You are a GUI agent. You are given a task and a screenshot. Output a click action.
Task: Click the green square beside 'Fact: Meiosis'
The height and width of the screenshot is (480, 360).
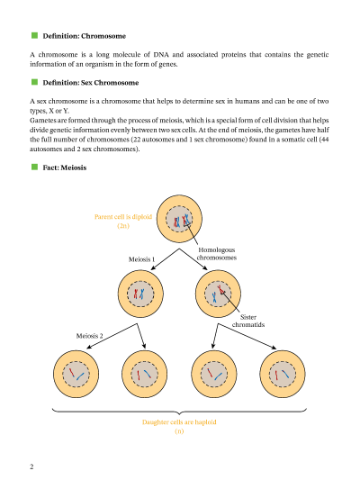tap(34, 168)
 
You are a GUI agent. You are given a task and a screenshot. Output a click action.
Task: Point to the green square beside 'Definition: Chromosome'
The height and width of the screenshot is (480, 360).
tap(34, 36)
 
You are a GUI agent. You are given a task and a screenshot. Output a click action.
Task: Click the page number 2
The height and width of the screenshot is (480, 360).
tap(31, 466)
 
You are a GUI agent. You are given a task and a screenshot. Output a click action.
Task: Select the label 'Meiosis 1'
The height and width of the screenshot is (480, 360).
tap(142, 259)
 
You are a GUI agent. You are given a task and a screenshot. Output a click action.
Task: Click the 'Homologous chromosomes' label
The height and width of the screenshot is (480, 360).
tap(217, 253)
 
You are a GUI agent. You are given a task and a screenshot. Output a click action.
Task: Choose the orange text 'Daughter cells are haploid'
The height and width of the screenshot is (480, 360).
tap(180, 422)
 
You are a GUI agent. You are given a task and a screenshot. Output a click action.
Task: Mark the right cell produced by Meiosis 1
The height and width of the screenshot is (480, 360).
tap(219, 294)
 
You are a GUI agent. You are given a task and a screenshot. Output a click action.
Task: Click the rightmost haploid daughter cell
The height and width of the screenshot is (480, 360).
tap(283, 372)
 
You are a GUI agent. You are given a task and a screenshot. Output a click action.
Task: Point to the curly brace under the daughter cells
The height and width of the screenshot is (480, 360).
tap(179, 411)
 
